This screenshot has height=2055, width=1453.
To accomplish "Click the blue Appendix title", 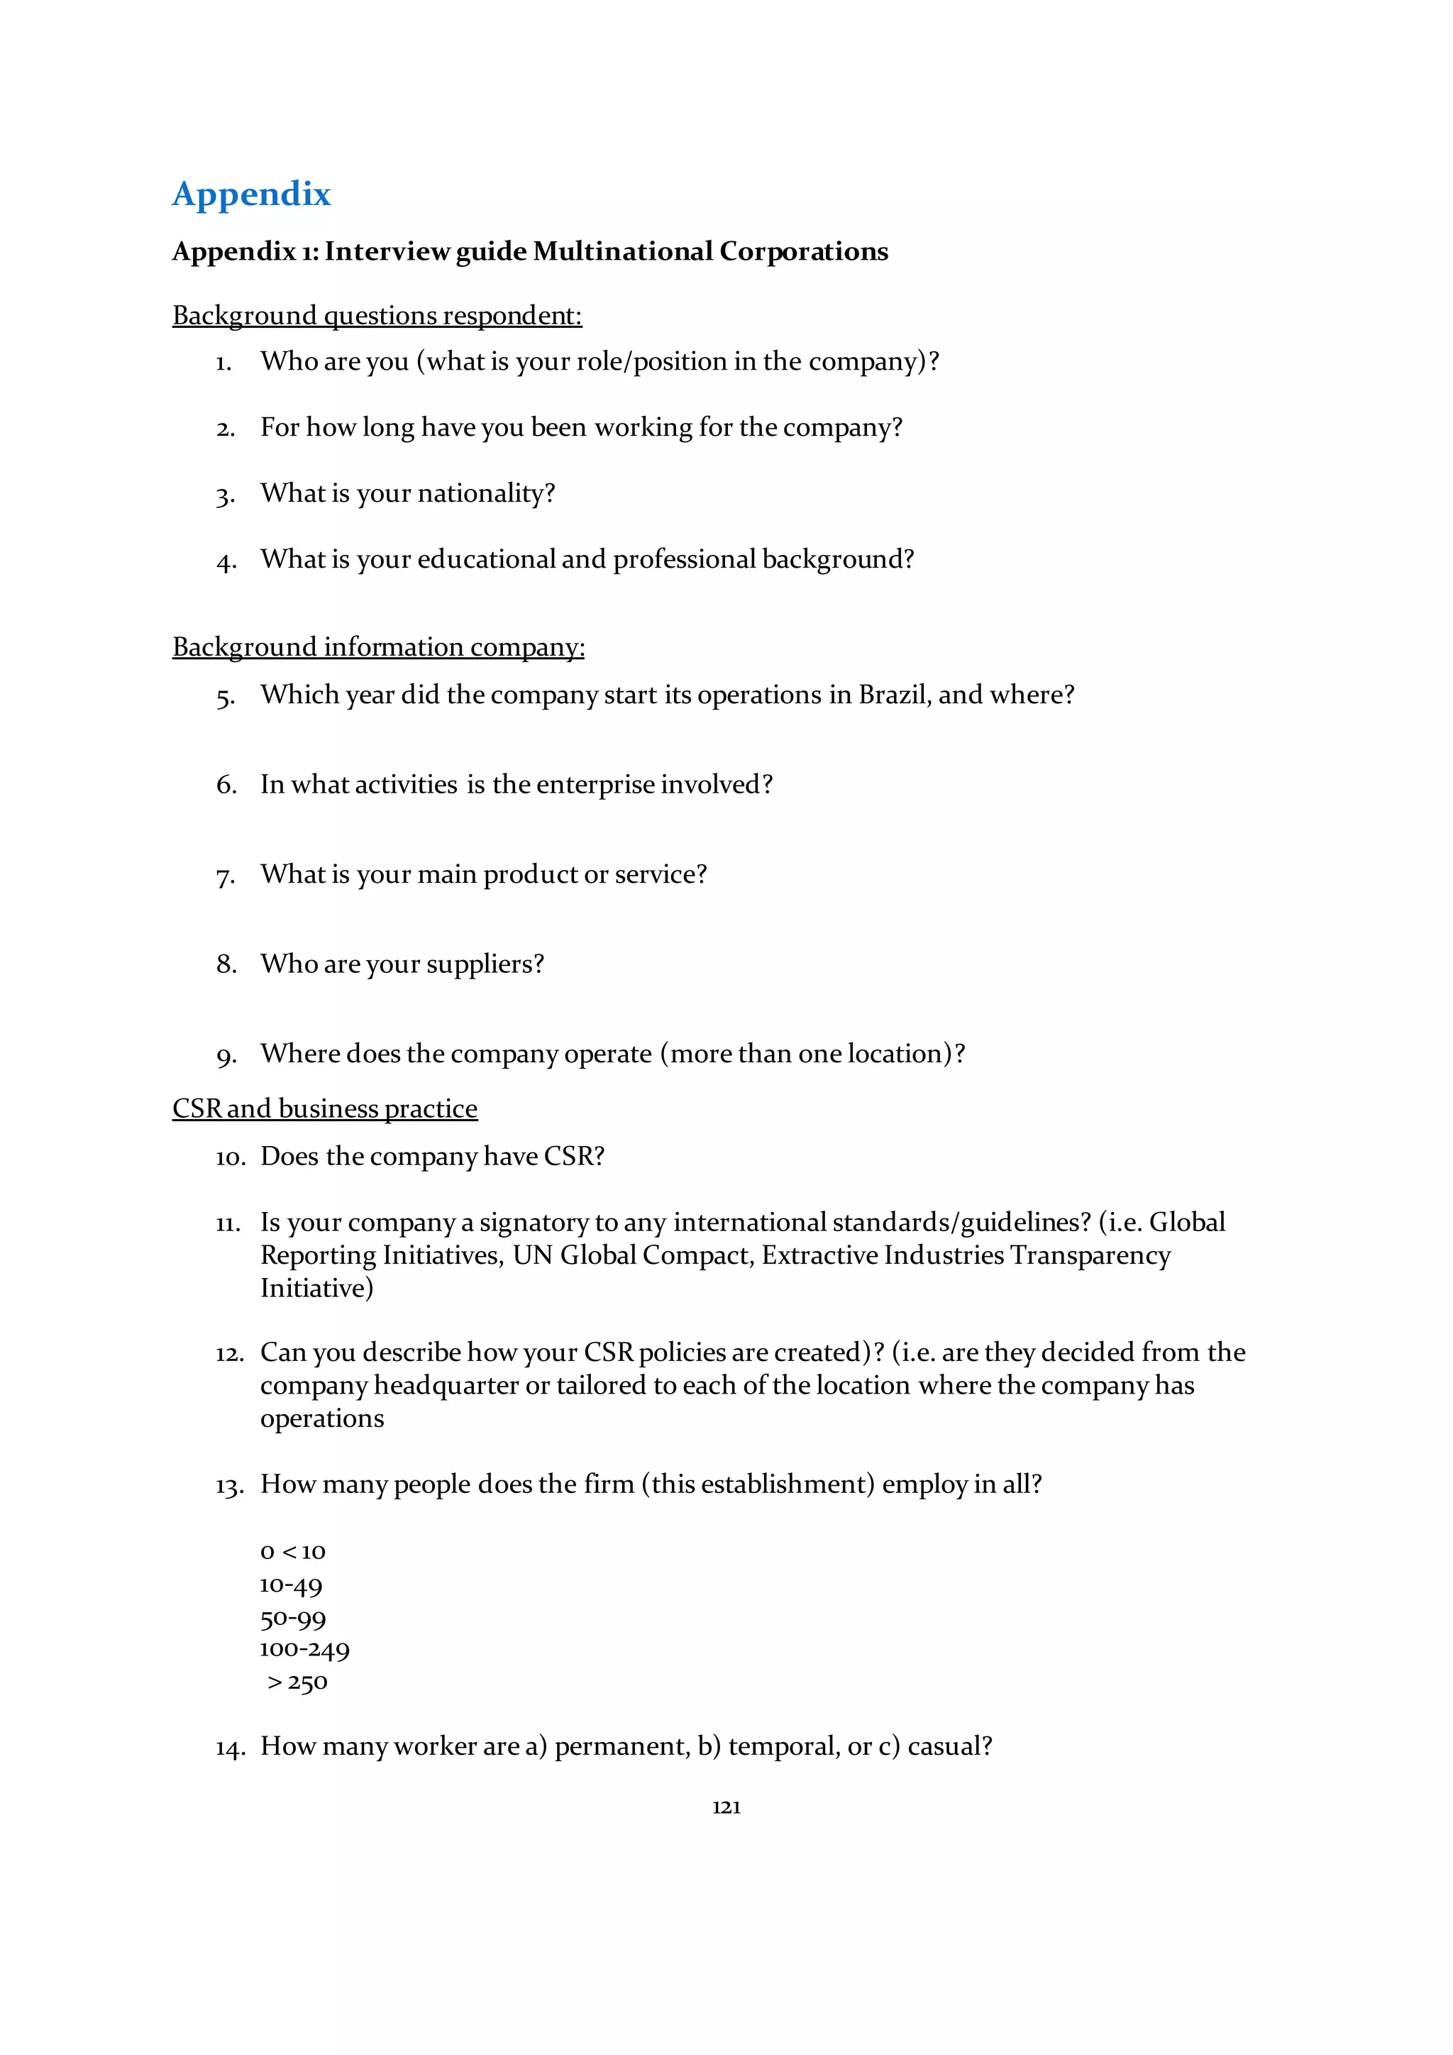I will click(251, 194).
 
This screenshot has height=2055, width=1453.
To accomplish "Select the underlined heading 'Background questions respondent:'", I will click(377, 316).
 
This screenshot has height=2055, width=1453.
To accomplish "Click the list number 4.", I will click(226, 562).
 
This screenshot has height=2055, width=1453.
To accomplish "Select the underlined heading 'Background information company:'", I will click(378, 647).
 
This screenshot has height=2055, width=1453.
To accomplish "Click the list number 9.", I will click(226, 1056).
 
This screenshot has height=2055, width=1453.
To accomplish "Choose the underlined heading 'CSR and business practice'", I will click(325, 1109).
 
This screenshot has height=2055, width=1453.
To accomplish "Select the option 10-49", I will click(291, 1585).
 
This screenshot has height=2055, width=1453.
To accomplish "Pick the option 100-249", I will click(304, 1650).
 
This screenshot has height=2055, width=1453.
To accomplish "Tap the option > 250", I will click(298, 1682).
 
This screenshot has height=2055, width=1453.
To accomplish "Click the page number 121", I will click(726, 1807).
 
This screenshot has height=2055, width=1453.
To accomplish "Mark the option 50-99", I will click(292, 1618).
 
